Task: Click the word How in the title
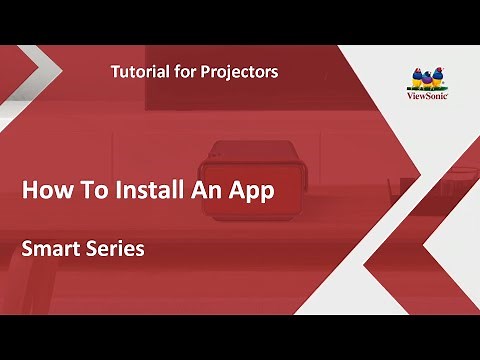[45, 190]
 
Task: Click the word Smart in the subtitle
[52, 249]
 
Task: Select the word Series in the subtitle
[117, 249]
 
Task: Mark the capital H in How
[30, 190]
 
